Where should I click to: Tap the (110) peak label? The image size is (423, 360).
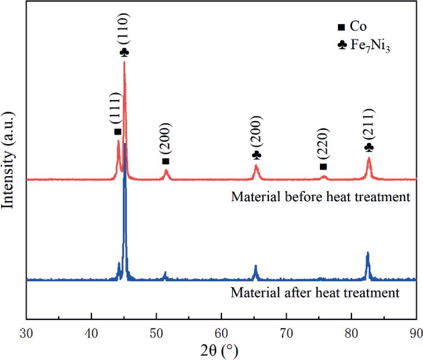[125, 30]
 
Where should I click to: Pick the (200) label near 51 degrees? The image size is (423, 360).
[165, 138]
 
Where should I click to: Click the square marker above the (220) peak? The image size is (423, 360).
[322, 167]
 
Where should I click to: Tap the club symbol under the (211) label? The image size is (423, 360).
[369, 147]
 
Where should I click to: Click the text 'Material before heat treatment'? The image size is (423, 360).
[320, 197]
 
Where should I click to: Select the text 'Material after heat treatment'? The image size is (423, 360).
[314, 294]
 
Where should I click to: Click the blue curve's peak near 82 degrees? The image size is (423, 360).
[367, 253]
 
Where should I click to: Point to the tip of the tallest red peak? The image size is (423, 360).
[124, 62]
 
